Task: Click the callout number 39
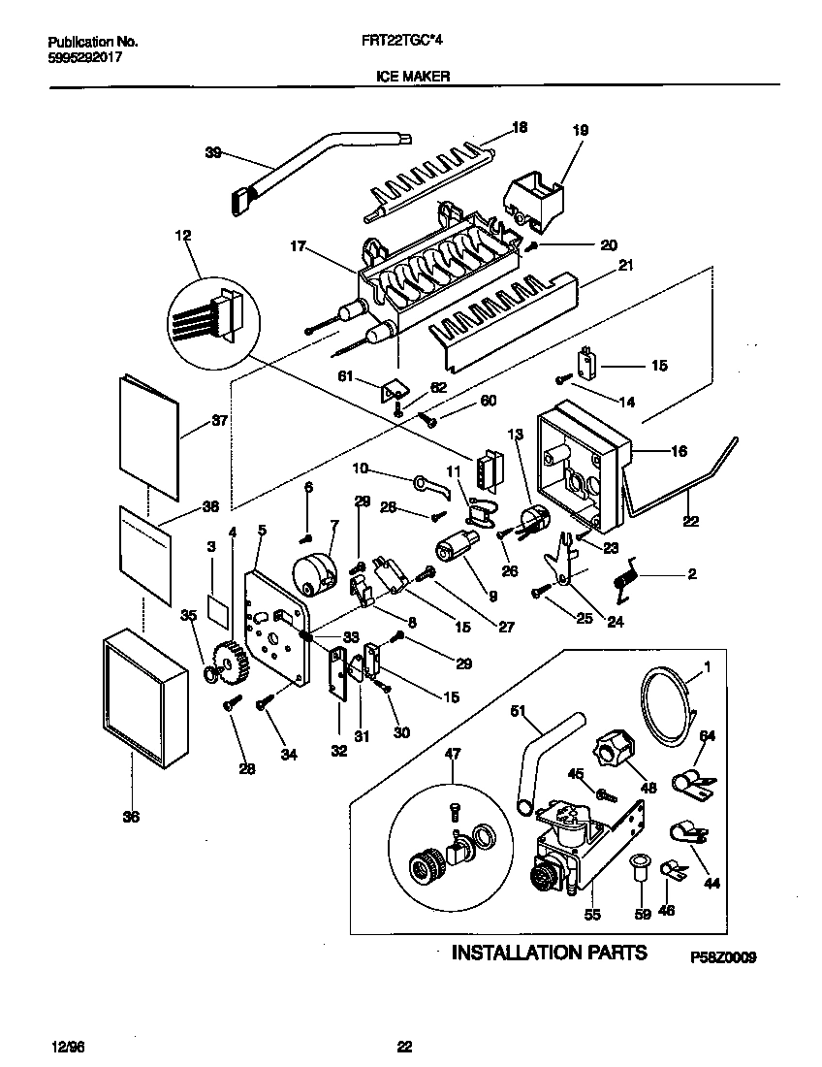[213, 151]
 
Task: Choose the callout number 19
[581, 129]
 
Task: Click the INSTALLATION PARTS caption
[550, 952]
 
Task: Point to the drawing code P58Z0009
[723, 956]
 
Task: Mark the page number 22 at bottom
[405, 1046]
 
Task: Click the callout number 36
[130, 817]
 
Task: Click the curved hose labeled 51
[543, 757]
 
